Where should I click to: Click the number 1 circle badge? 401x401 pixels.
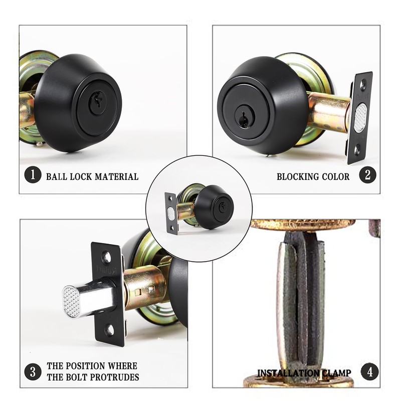coord(33,176)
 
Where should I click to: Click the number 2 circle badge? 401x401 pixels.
coord(367,176)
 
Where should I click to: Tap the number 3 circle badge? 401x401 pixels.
coord(33,372)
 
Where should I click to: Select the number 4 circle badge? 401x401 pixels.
coord(369,372)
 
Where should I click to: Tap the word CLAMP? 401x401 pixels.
coord(333,373)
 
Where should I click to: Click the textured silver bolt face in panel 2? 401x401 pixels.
coord(360,118)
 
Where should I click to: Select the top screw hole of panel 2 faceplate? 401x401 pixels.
coord(363,85)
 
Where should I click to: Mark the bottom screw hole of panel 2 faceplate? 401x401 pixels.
coord(357,149)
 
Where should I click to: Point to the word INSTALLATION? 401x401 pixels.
coord(287,373)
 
